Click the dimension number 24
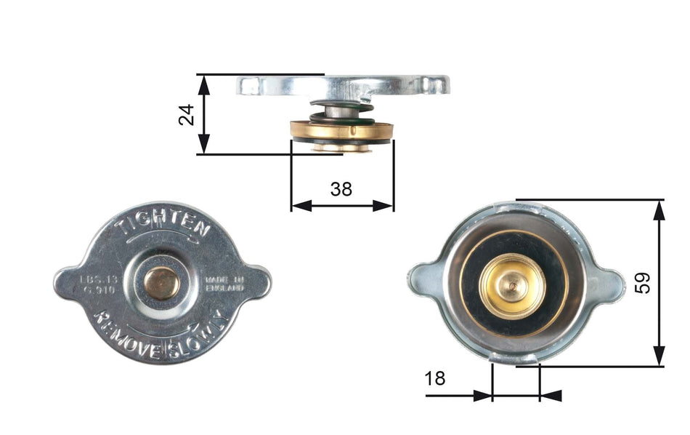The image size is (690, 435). pyautogui.click(x=187, y=114)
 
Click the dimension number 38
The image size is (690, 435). pyautogui.click(x=341, y=189)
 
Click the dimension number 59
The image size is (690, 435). pyautogui.click(x=642, y=282)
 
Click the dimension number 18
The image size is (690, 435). pyautogui.click(x=435, y=378)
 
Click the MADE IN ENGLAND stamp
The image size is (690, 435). pyautogui.click(x=224, y=283)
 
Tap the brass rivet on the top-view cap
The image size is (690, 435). pyautogui.click(x=161, y=282)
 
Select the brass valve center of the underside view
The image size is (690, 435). pyautogui.click(x=514, y=285)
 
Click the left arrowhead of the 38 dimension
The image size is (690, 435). pyautogui.click(x=298, y=206)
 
